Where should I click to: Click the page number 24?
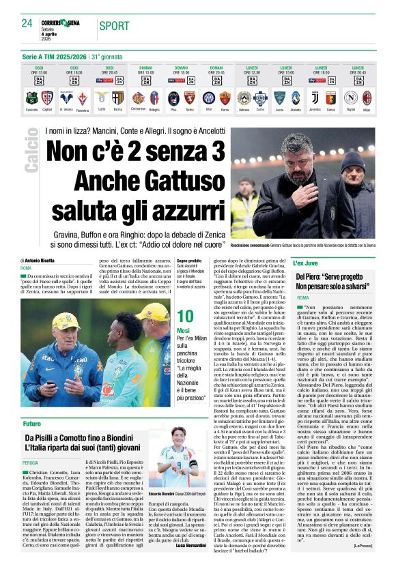(x=27, y=23)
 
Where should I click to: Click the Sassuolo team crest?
(x=31, y=98)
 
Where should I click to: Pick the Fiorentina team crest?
(x=83, y=98)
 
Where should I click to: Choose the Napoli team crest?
(x=350, y=98)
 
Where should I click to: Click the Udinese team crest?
(x=244, y=98)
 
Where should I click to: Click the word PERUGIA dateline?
(x=30, y=462)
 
